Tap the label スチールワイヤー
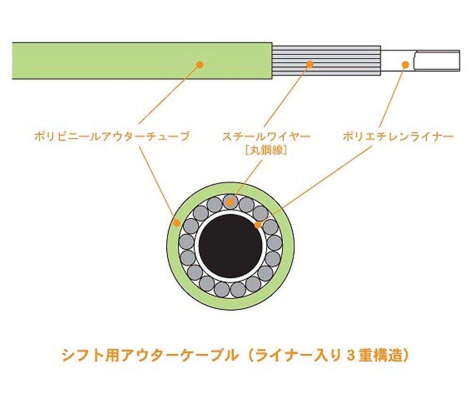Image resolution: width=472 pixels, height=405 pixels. click(266, 137)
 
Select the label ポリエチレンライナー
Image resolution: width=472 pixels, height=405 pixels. click(398, 137)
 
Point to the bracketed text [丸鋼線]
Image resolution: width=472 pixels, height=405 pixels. click(266, 151)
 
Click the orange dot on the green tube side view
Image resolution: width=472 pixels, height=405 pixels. click(199, 64)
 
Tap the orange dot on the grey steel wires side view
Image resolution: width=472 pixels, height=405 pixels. click(310, 64)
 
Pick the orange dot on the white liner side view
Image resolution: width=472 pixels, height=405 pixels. click(405, 64)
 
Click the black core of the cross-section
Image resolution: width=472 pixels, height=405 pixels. click(230, 246)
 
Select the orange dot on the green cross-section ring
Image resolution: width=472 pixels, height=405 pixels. click(177, 223)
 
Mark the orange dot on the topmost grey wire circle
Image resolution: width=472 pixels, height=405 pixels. click(230, 202)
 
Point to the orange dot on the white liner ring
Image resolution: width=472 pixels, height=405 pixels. click(258, 225)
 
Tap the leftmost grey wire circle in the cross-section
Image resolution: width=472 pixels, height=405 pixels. click(186, 242)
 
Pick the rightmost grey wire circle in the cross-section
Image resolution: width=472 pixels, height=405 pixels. click(274, 243)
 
